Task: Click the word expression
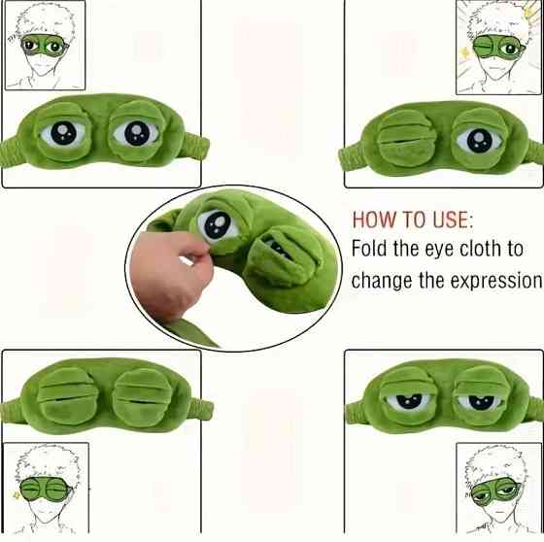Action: (x=495, y=281)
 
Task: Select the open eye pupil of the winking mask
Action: (x=480, y=141)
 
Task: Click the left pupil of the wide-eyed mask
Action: (x=63, y=132)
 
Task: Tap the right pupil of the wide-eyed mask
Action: (x=137, y=132)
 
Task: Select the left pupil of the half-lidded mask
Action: (x=409, y=401)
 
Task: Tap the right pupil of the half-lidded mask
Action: (x=480, y=402)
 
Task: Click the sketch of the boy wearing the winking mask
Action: (x=499, y=48)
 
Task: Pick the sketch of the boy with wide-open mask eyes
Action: (x=45, y=45)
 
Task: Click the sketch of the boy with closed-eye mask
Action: (x=46, y=488)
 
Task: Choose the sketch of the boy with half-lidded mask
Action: (x=499, y=489)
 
